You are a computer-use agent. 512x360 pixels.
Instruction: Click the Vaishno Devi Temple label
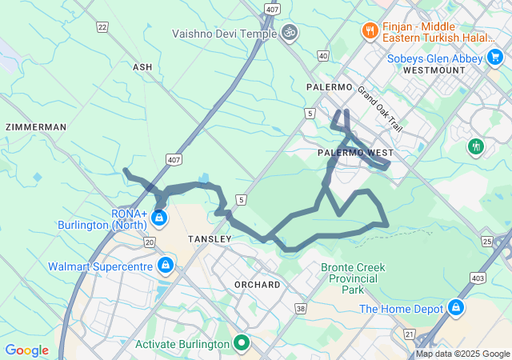click(x=223, y=34)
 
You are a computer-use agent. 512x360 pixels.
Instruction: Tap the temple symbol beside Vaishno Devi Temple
click(x=289, y=34)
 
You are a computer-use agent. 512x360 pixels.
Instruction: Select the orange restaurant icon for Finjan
click(x=369, y=31)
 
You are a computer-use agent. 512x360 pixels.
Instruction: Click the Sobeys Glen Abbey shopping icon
click(x=495, y=58)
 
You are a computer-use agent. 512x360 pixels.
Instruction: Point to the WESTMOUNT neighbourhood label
click(x=434, y=70)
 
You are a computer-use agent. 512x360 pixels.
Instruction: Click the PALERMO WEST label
click(x=355, y=152)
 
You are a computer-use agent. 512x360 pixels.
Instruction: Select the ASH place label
click(x=142, y=68)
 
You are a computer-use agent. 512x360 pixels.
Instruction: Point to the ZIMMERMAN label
click(x=35, y=127)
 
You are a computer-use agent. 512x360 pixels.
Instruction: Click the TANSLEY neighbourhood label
click(x=209, y=239)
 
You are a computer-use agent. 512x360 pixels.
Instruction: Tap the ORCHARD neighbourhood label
click(x=258, y=285)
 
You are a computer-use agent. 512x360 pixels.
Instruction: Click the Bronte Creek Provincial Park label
click(x=353, y=278)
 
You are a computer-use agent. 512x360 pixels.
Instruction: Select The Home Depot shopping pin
click(x=455, y=308)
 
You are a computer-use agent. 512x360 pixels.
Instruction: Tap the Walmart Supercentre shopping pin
click(x=165, y=265)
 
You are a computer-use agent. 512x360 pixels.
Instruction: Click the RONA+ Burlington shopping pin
click(x=159, y=217)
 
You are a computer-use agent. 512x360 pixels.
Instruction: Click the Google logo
click(x=26, y=350)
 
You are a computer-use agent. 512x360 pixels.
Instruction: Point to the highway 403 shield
click(x=478, y=278)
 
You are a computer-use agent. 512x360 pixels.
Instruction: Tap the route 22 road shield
click(x=102, y=27)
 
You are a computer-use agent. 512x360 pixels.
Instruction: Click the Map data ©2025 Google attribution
click(x=462, y=354)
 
